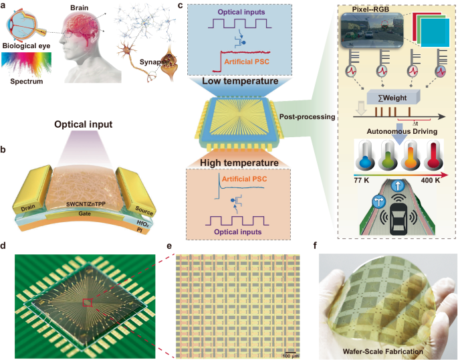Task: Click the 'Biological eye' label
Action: [x=27, y=47]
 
